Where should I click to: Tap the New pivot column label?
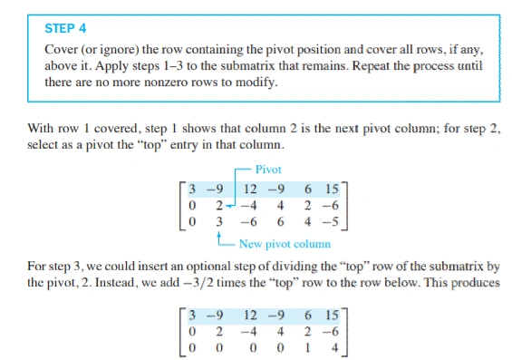pos(285,244)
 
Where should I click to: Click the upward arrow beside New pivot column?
pos(220,237)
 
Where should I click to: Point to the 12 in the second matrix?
pos(249,313)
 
